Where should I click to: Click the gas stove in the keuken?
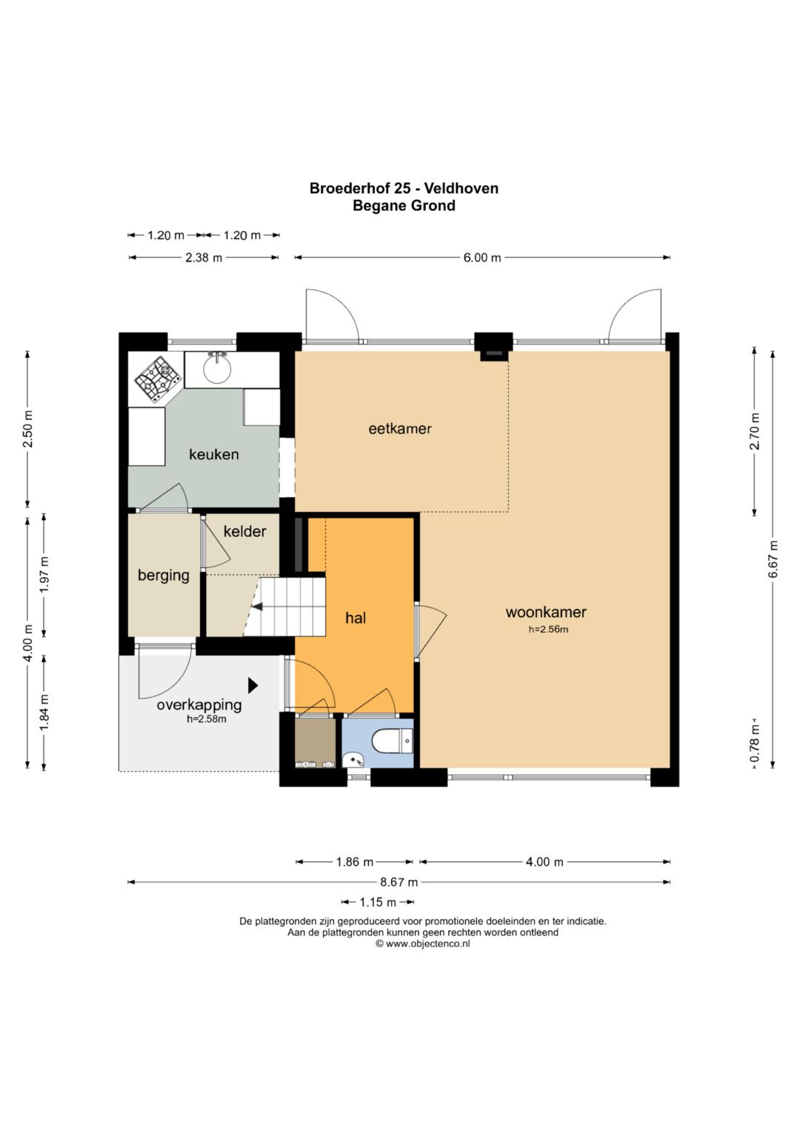click(x=158, y=379)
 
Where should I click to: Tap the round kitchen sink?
click(x=217, y=369)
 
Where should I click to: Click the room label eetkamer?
click(x=400, y=429)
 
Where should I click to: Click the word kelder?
click(x=245, y=531)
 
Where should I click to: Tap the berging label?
click(x=164, y=575)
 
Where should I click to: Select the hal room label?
click(x=356, y=618)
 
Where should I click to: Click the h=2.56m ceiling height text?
click(x=548, y=630)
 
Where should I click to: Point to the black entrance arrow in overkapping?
click(x=253, y=685)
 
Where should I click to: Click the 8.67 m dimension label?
click(x=399, y=882)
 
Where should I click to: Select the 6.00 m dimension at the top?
click(x=482, y=258)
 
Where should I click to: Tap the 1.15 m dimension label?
click(x=378, y=902)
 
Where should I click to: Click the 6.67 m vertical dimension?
click(x=773, y=560)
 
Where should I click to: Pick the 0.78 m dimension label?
click(x=755, y=744)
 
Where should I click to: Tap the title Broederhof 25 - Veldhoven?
click(x=404, y=188)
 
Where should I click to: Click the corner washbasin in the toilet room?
click(x=352, y=760)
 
